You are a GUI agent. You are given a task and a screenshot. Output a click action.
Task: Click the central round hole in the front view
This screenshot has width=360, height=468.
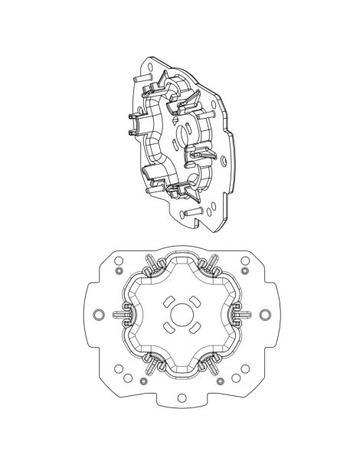coord(181,314)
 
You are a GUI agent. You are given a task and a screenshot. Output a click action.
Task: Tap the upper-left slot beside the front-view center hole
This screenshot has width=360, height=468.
coord(168,300)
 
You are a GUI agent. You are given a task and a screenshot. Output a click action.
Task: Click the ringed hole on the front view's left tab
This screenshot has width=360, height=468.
coord(97,314)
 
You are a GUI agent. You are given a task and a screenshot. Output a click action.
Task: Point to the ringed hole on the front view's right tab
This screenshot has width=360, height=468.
coord(265,314)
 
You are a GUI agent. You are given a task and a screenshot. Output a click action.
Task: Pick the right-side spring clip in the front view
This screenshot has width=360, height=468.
coord(241,314)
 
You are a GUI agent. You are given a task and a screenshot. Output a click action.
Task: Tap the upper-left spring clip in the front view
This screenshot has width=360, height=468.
coord(150,267)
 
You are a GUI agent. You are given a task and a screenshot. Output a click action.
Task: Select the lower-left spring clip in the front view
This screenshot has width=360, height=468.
coord(150,361)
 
